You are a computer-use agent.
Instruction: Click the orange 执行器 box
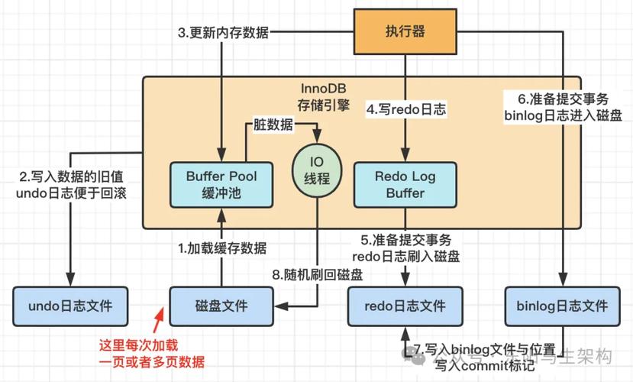(406, 32)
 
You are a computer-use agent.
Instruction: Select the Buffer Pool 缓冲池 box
(221, 184)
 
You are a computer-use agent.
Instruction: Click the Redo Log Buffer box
(405, 184)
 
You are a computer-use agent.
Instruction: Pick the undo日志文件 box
(70, 306)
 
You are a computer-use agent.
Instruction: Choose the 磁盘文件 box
(221, 306)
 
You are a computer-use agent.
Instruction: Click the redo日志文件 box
(406, 306)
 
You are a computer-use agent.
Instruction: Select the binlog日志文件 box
(562, 306)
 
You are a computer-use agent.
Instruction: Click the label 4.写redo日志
(406, 109)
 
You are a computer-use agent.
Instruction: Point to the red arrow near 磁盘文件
(159, 312)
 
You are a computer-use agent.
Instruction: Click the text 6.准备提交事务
(562, 99)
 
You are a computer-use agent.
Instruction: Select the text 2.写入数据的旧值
(70, 176)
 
